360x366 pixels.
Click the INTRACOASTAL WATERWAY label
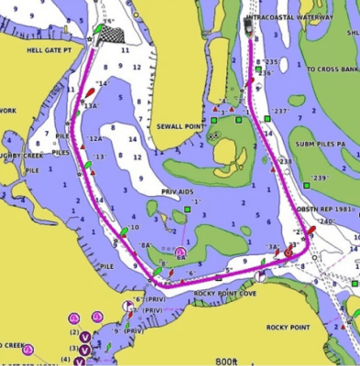[291, 16]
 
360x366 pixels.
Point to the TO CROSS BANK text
[332, 69]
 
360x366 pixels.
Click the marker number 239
[321, 178]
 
